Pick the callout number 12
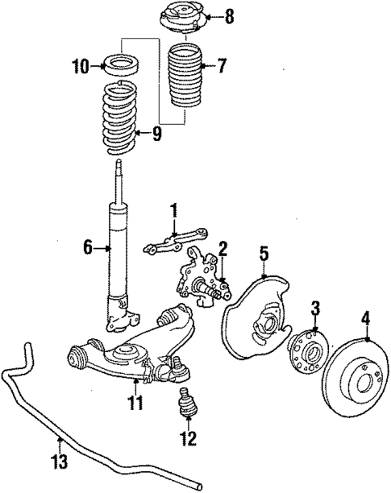pyautogui.click(x=189, y=439)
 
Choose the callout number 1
pyautogui.click(x=173, y=211)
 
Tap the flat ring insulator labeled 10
pyautogui.click(x=122, y=64)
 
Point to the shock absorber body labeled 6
pyautogui.click(x=118, y=250)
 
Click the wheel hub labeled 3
pyautogui.click(x=307, y=351)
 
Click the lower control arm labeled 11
pyautogui.click(x=129, y=350)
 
